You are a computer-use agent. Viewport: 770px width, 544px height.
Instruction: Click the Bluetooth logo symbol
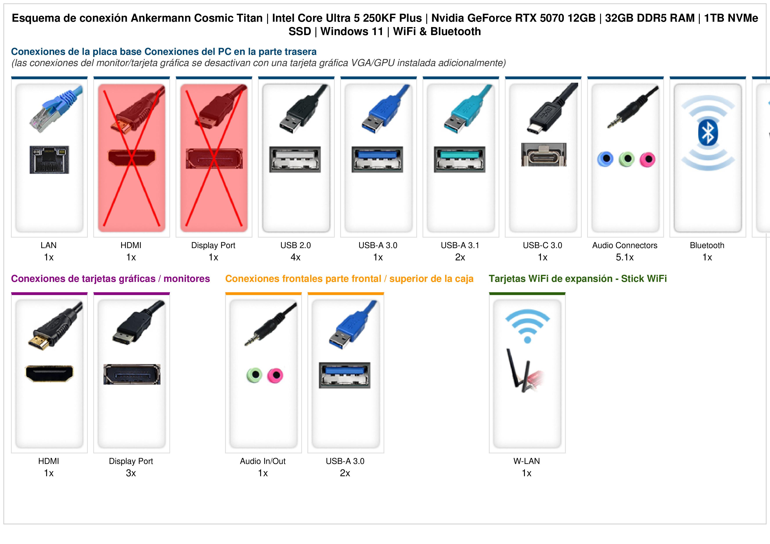click(708, 133)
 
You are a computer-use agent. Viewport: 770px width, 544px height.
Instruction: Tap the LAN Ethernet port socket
click(49, 159)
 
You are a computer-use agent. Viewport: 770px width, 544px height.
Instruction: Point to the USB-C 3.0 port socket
click(544, 154)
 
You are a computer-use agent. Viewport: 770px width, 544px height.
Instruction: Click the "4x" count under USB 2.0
click(295, 258)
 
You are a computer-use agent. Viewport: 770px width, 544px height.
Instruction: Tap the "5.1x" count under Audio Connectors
click(625, 258)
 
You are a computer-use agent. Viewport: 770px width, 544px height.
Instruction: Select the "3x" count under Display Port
click(131, 473)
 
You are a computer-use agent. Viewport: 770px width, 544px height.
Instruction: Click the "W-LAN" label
click(527, 461)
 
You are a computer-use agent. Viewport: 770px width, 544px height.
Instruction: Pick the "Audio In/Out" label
click(263, 461)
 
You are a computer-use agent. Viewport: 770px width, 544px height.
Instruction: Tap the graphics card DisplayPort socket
click(132, 374)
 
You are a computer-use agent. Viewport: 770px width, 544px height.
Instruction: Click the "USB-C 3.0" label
click(542, 245)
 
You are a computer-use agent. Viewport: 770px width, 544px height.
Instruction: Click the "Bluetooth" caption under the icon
click(707, 245)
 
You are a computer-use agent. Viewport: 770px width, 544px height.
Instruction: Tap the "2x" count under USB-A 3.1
click(460, 258)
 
